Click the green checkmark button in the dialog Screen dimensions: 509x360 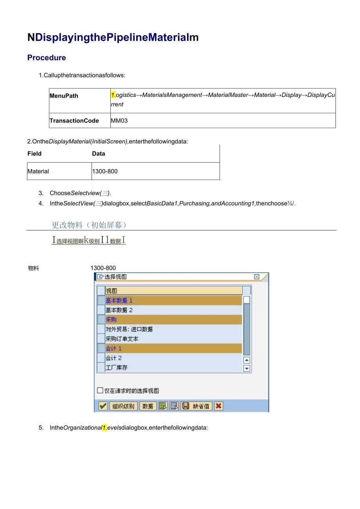coord(103,406)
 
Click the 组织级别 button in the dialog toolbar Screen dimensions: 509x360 coord(123,406)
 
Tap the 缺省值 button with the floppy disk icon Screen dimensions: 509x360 coord(196,406)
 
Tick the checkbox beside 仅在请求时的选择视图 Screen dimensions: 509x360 coord(100,390)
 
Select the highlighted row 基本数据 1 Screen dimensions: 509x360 coord(173,300)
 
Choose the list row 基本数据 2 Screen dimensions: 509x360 coord(173,310)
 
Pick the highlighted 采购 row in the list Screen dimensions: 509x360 coord(173,320)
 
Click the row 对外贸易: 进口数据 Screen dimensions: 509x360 coord(173,329)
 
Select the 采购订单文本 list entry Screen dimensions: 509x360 coord(173,339)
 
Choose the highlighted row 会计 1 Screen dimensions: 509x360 coord(173,348)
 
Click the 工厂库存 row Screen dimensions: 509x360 coord(173,367)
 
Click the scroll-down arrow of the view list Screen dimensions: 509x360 coord(247,368)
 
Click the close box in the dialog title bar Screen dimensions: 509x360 coord(257,277)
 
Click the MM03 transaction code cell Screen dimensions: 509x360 coord(119,121)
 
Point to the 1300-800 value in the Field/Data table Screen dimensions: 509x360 coord(105,171)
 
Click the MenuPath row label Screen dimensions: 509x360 coord(64,96)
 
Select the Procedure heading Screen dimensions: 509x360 coord(47,58)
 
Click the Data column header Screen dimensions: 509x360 coord(99,154)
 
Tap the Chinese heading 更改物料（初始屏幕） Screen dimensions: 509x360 coord(89,225)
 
